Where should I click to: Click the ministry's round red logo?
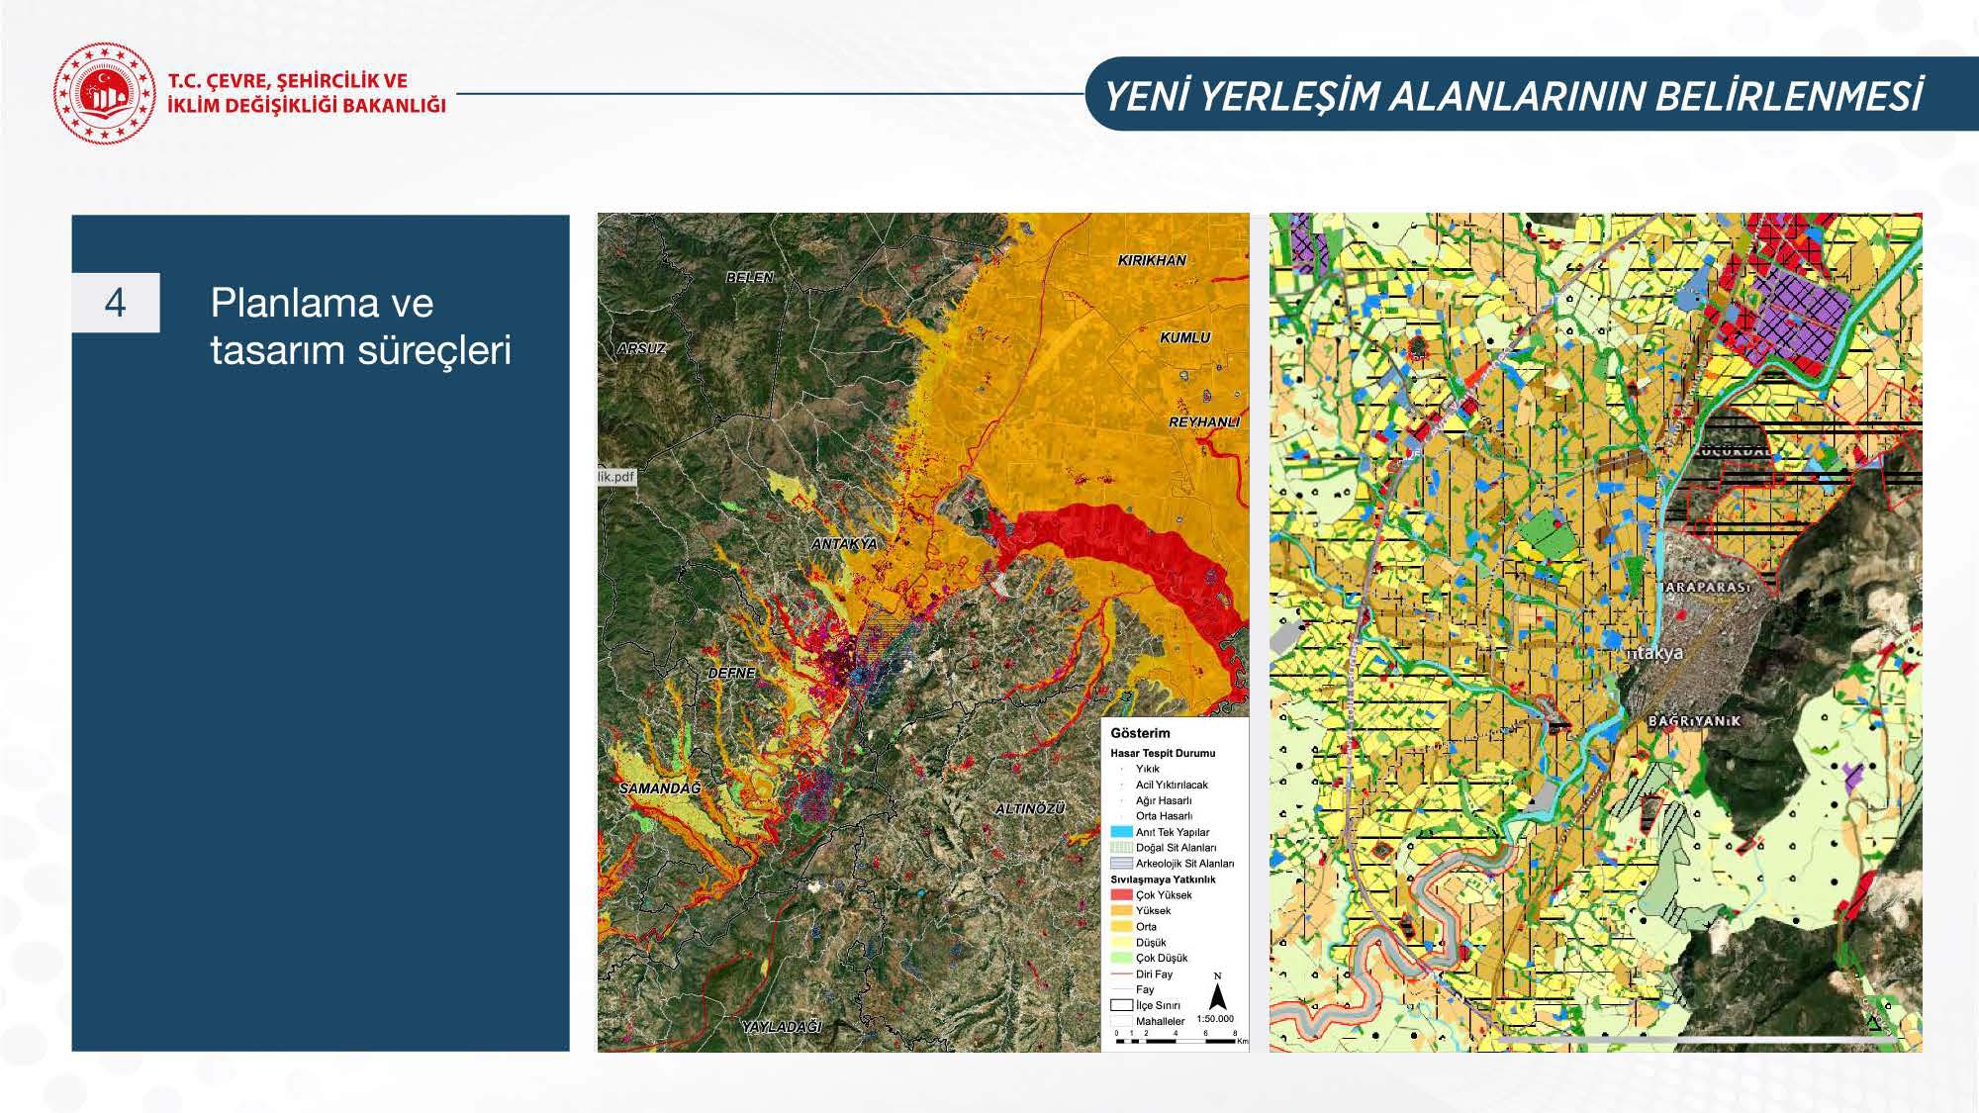[x=104, y=93]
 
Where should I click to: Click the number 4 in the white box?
[x=115, y=303]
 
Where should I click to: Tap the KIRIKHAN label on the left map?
[x=1151, y=260]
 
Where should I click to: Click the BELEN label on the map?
[x=749, y=277]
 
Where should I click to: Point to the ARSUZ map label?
[x=641, y=348]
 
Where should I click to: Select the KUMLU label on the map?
[x=1184, y=337]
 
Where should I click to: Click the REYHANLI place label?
[x=1203, y=421]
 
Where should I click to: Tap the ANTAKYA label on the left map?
[x=843, y=544]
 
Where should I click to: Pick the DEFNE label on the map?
[x=731, y=673]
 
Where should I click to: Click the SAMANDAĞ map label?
[x=659, y=788]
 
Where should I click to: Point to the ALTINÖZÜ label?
[x=1029, y=808]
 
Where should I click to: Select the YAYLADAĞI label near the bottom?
[x=781, y=1027]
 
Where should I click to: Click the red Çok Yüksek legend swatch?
[x=1121, y=894]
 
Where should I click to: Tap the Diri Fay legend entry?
[x=1154, y=974]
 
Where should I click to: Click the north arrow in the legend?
[x=1218, y=992]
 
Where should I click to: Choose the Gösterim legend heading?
[x=1140, y=733]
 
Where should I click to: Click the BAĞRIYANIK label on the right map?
[x=1693, y=720]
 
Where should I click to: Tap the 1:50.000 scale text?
[x=1214, y=1018]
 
